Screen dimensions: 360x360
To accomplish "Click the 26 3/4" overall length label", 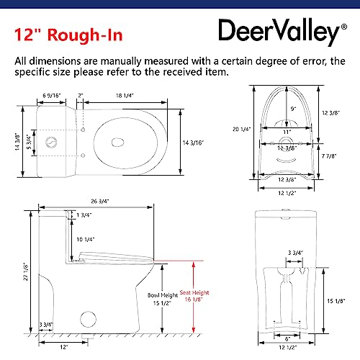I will [101, 202].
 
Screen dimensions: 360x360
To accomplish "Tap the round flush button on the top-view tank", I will [53, 139].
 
